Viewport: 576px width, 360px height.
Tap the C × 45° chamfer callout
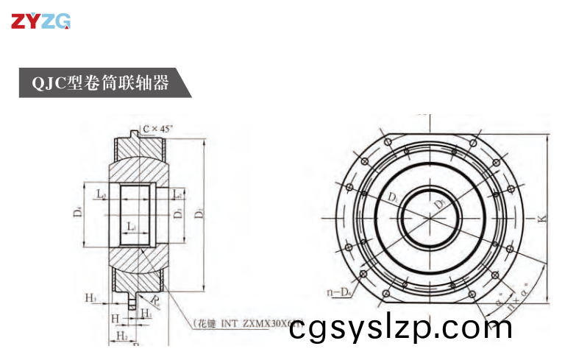[x=157, y=129]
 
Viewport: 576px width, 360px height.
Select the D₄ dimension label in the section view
[x=77, y=213]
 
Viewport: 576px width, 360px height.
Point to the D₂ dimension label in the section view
[x=199, y=214]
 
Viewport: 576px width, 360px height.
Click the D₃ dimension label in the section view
[x=177, y=214]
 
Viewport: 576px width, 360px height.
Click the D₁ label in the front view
[x=394, y=197]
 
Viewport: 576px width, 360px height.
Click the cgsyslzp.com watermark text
[x=400, y=327]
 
